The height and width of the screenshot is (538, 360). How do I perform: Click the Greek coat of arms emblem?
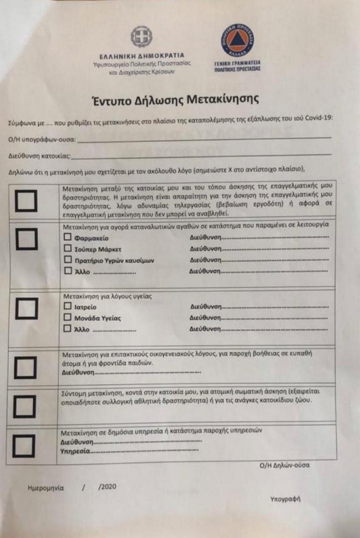tap(141, 37)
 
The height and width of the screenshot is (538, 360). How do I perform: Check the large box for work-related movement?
tap(25, 201)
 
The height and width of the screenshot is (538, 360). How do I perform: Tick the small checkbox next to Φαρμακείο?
tap(67, 238)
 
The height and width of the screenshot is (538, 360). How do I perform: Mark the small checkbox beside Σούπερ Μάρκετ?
tap(67, 249)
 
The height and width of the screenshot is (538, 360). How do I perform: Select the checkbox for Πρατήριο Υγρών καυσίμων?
tap(67, 260)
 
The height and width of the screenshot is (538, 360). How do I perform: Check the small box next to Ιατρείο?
tap(67, 307)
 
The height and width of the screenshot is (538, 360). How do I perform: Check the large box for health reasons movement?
tap(25, 309)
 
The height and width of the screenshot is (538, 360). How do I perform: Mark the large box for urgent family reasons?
tap(25, 366)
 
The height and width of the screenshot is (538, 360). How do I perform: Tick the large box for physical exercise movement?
tap(25, 406)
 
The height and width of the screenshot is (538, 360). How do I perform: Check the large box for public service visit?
tap(25, 446)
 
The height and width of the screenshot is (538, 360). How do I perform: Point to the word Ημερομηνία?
tap(45, 488)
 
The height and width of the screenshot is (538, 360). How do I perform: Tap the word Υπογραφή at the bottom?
tap(285, 499)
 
